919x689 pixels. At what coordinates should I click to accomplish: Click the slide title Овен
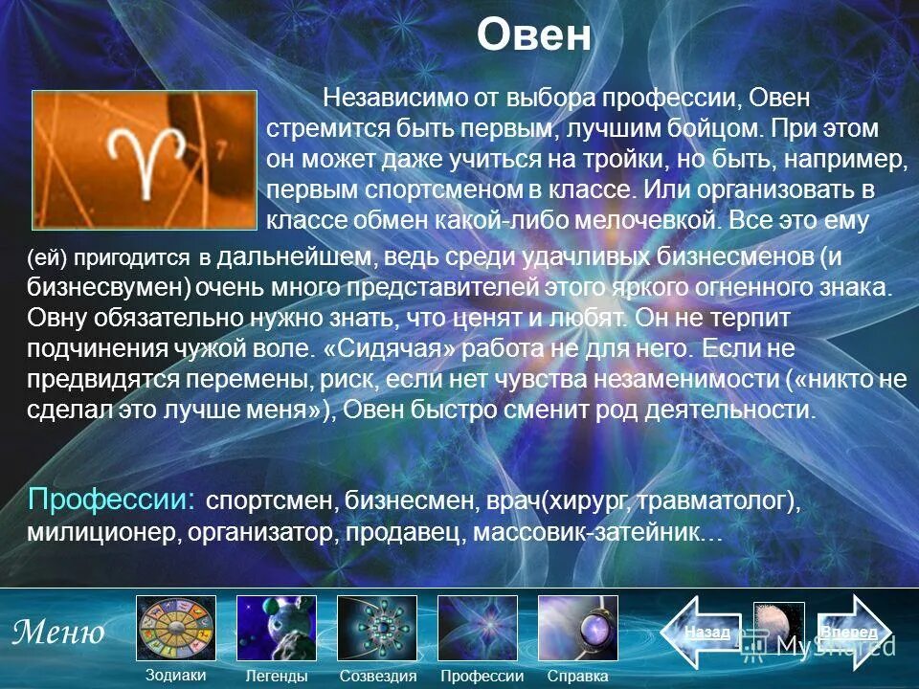coord(535,37)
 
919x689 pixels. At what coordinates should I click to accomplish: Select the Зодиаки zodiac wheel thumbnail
coord(176,628)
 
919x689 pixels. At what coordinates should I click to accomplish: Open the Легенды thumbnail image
coord(277,628)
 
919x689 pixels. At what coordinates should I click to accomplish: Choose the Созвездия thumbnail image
coord(377,628)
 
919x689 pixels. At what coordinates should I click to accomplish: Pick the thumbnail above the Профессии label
coord(478,628)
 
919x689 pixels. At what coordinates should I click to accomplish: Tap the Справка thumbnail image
coord(577,628)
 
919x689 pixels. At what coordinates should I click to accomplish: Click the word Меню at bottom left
coord(58,632)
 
